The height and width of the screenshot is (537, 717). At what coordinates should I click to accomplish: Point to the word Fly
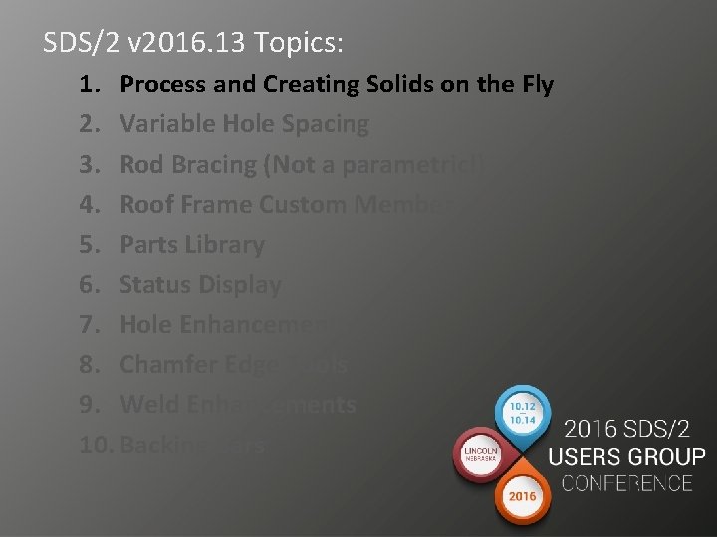click(532, 86)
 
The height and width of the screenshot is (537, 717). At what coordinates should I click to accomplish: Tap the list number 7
click(88, 324)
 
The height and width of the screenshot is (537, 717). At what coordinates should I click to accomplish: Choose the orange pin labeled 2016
click(523, 497)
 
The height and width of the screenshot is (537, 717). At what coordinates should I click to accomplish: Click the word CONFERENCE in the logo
click(626, 484)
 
